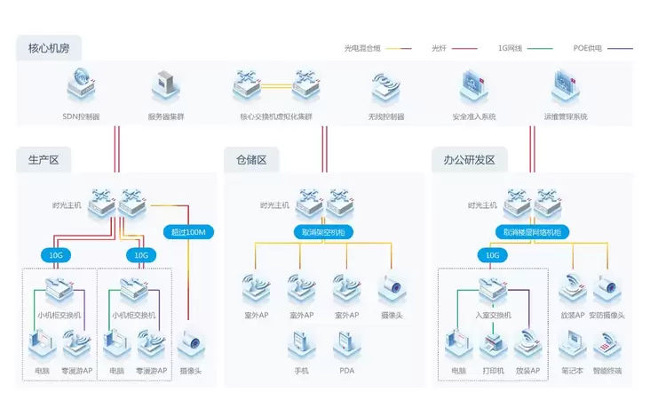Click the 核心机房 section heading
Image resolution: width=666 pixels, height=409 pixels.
[x=43, y=47]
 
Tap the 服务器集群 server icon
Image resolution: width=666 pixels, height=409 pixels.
[x=166, y=87]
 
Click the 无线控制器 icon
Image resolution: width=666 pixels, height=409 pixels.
[x=386, y=87]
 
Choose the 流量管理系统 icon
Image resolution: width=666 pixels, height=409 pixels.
[x=566, y=87]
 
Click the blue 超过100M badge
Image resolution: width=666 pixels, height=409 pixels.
[x=187, y=232]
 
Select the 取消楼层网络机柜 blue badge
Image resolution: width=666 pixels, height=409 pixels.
[x=532, y=232]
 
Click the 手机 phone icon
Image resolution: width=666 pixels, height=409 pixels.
[x=301, y=345]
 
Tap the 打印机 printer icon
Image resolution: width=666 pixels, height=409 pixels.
[x=493, y=345]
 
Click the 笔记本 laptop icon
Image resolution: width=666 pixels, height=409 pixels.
[x=571, y=345]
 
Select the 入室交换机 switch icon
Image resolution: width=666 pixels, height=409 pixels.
[x=493, y=289]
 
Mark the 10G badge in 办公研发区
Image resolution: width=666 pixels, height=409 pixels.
[x=492, y=255]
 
